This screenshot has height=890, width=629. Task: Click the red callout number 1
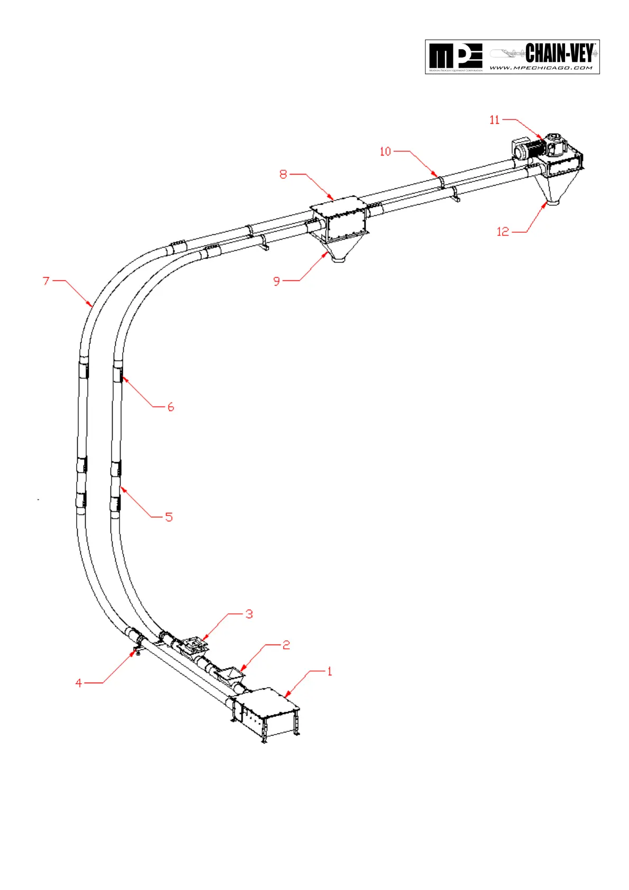tap(329, 671)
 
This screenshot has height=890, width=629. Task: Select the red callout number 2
tap(286, 645)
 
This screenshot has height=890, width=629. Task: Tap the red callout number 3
tap(249, 614)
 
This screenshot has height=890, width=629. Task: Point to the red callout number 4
tap(79, 683)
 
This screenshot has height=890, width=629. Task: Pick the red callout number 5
tap(169, 517)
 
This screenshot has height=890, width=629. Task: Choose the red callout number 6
tap(170, 407)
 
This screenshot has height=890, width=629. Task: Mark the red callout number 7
tap(46, 280)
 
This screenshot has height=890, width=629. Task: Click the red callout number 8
tap(283, 174)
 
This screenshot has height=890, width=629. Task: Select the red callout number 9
tap(276, 281)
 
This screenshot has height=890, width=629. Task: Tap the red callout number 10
tap(385, 151)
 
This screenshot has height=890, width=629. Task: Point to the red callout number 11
tap(494, 120)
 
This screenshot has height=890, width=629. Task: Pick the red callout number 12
tap(503, 231)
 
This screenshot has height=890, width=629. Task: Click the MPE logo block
tap(455, 57)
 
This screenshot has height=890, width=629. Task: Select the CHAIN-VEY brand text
tap(560, 53)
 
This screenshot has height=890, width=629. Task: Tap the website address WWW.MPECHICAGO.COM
tap(541, 68)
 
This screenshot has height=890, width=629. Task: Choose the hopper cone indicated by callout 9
tap(340, 249)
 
